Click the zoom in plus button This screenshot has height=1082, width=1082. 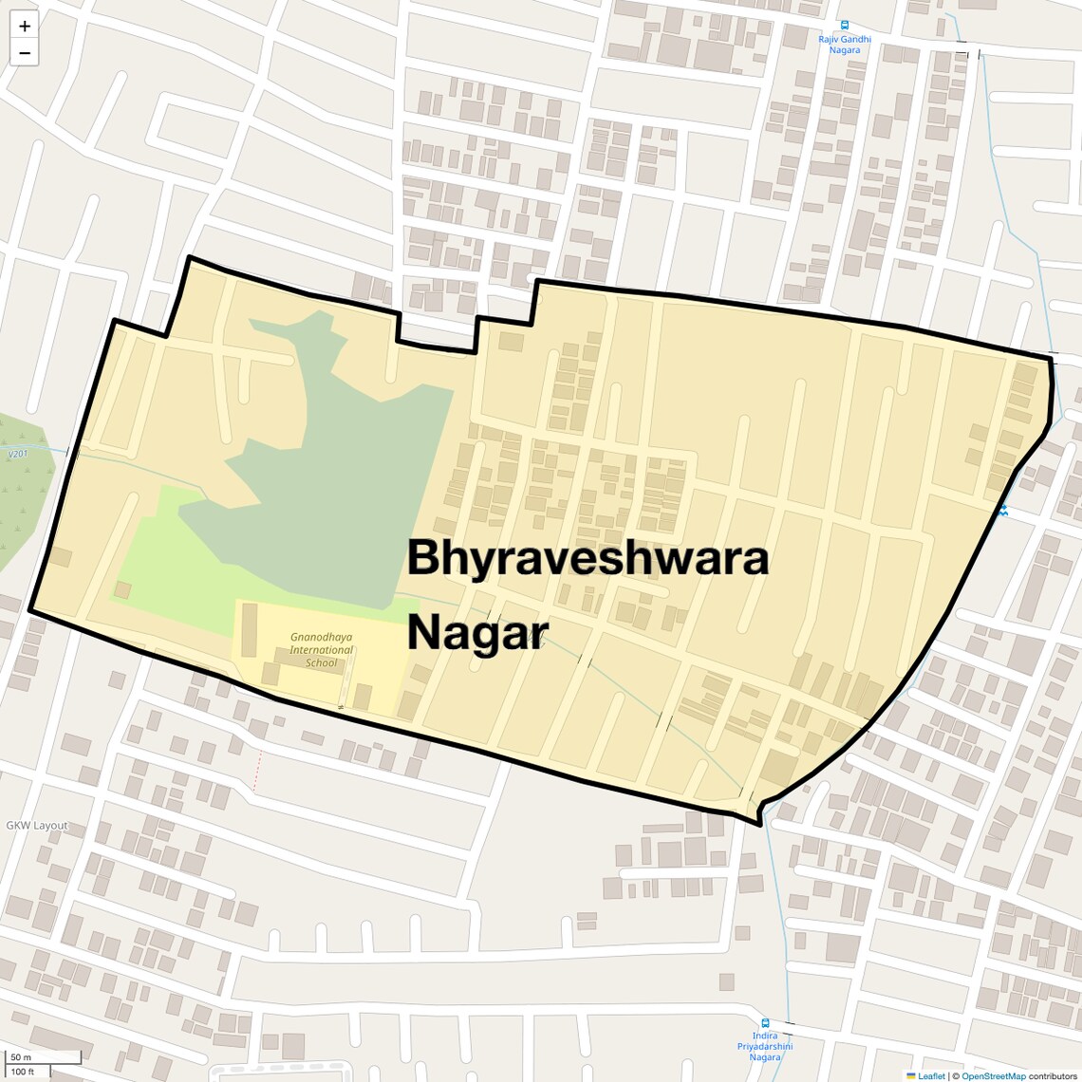25,27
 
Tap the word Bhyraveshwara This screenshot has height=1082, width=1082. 588,558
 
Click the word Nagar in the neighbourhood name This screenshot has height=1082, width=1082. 477,632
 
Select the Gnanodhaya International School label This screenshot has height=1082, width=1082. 321,650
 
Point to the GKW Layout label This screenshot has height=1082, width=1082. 37,826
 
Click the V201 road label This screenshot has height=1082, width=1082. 17,455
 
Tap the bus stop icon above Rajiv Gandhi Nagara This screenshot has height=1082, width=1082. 845,26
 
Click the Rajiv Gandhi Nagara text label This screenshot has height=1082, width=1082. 845,45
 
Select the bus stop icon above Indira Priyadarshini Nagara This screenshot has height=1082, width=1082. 765,1023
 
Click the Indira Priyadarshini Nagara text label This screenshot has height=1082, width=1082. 765,1046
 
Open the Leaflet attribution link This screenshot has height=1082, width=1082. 931,1075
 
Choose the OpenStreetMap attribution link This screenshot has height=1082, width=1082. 994,1075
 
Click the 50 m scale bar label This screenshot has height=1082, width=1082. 21,1057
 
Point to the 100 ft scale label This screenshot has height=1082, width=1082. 23,1072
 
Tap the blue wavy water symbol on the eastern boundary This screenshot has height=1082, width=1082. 1002,511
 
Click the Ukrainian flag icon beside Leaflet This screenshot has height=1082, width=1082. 911,1075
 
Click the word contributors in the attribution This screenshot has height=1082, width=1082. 1053,1075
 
